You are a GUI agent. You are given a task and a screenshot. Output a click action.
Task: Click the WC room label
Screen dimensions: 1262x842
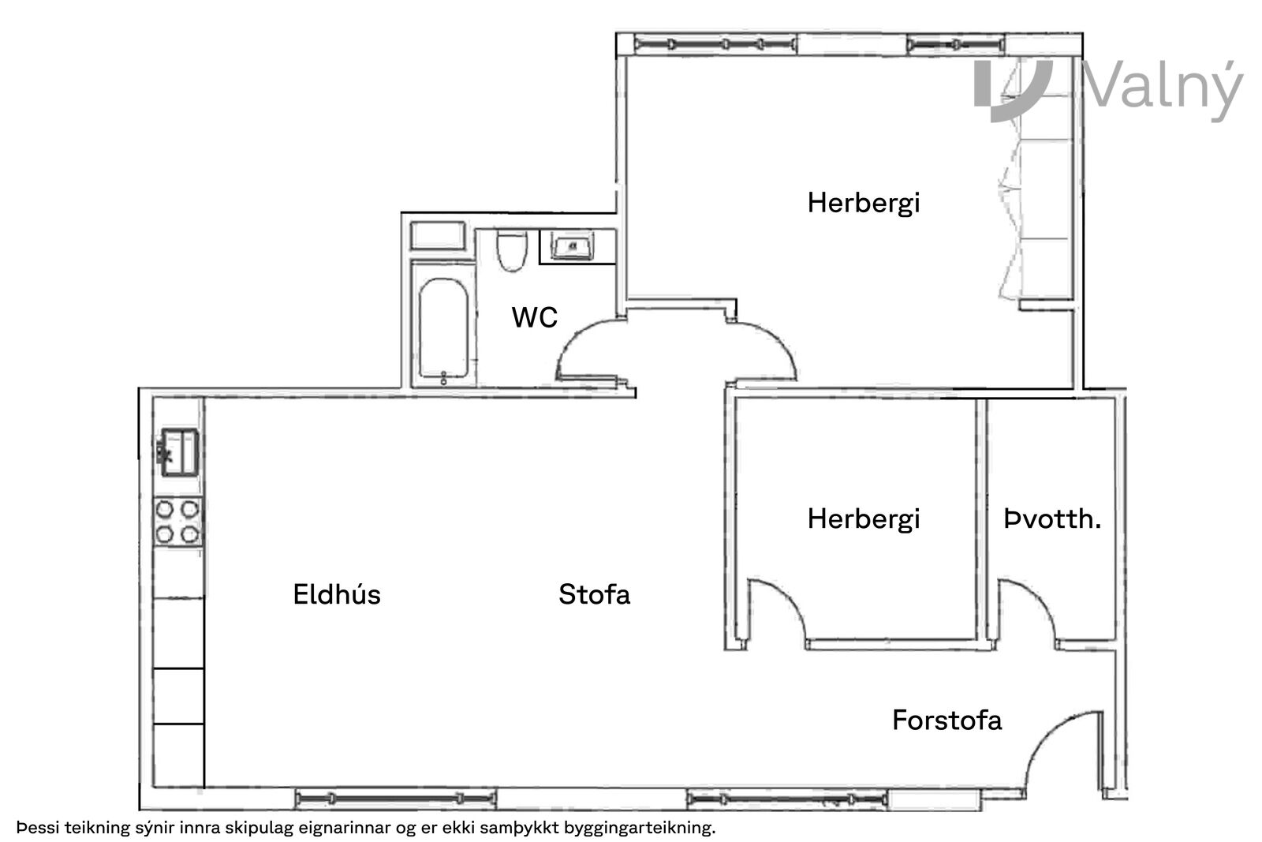click(534, 317)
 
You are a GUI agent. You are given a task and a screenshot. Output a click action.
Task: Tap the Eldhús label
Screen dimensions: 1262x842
click(336, 594)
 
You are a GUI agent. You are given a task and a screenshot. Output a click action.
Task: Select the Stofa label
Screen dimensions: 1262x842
click(594, 594)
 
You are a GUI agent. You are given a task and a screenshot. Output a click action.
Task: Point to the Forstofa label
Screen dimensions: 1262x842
click(946, 720)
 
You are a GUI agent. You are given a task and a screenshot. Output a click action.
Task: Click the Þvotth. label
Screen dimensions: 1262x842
click(1052, 519)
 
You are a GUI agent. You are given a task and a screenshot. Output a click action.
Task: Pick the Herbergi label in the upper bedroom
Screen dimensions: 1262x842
click(863, 204)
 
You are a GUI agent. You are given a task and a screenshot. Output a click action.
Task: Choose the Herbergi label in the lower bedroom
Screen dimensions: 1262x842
click(863, 519)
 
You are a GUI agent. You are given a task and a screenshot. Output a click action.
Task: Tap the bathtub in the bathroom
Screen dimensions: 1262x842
click(444, 328)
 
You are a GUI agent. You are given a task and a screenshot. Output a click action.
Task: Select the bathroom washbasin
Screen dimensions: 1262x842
click(573, 246)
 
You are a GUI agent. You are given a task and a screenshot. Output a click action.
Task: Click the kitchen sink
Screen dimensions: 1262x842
click(180, 452)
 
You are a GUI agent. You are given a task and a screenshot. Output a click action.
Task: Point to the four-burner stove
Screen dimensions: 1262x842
click(177, 522)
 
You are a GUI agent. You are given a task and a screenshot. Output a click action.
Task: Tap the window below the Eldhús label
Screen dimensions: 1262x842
click(395, 798)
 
